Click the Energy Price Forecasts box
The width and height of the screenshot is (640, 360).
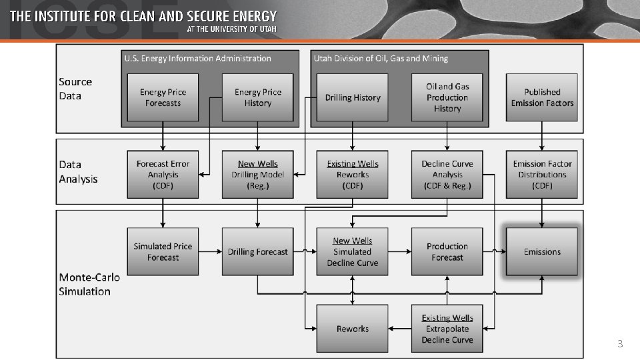(163, 97)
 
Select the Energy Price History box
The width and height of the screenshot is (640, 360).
(257, 97)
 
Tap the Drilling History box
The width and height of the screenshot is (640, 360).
(352, 97)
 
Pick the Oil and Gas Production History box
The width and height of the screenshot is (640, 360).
(447, 97)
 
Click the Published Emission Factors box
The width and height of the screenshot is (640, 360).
(542, 97)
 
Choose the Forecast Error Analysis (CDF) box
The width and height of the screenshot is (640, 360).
(163, 175)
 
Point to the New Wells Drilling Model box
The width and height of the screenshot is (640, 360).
(257, 175)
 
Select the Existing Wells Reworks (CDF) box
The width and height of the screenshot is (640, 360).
(352, 175)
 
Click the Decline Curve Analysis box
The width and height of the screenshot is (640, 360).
(447, 175)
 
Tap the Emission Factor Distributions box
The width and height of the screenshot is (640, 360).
(542, 175)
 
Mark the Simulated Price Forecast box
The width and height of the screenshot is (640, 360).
(163, 251)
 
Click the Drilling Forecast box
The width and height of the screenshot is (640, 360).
(257, 251)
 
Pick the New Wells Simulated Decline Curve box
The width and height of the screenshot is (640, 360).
(352, 251)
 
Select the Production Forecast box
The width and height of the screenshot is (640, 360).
(447, 251)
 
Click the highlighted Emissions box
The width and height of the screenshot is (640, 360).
(542, 251)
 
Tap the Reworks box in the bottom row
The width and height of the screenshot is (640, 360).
(352, 329)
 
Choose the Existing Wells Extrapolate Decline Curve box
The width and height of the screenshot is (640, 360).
(447, 329)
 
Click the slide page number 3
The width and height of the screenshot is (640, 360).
(620, 344)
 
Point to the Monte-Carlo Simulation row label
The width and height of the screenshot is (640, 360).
(85, 284)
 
